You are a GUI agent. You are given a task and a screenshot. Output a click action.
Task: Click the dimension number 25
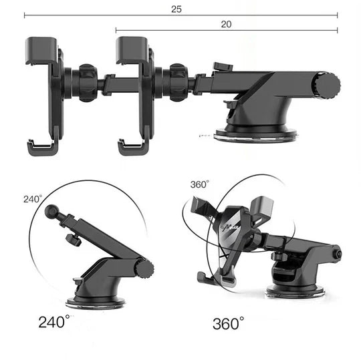[x=176, y=9]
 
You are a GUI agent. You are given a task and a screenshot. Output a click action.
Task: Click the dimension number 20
[x=226, y=24]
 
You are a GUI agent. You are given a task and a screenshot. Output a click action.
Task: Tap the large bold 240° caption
[x=54, y=321]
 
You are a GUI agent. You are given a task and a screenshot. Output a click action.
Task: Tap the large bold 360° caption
[x=228, y=323]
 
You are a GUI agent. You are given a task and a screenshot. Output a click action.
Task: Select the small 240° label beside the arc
[x=33, y=199]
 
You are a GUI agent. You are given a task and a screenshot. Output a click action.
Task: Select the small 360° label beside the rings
[x=200, y=184]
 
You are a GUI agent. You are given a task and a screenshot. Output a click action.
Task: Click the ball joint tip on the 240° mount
[x=51, y=212]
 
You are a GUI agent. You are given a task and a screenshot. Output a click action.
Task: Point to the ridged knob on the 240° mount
[x=144, y=269]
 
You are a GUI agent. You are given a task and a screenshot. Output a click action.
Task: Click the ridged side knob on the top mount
[x=326, y=85]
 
